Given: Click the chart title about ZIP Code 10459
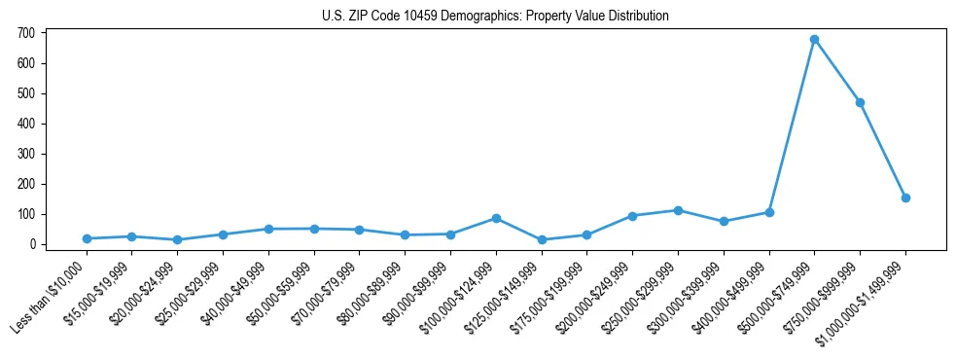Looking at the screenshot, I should pos(495,16).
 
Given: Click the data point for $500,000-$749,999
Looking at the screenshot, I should pos(814,40).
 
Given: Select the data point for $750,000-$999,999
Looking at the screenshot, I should pos(860,102).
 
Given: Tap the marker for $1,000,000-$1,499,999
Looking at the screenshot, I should pos(905,198).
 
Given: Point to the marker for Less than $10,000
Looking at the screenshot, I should pos(87,238).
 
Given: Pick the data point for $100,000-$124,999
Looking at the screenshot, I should pos(496,218).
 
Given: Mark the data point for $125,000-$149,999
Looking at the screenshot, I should pos(542,239).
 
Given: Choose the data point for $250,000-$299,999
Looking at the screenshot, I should pos(678,210).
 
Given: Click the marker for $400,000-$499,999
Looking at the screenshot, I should pos(769,212).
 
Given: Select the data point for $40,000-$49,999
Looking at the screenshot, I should pos(268,229).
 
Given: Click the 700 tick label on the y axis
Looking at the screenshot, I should pos(26,33).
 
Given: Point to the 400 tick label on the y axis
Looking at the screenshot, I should pos(26,124).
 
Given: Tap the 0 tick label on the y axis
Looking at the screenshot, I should pos(32,244).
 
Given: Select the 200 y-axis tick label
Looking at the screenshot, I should pos(26,184).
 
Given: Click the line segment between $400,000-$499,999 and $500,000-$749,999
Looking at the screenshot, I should pos(792,126).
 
